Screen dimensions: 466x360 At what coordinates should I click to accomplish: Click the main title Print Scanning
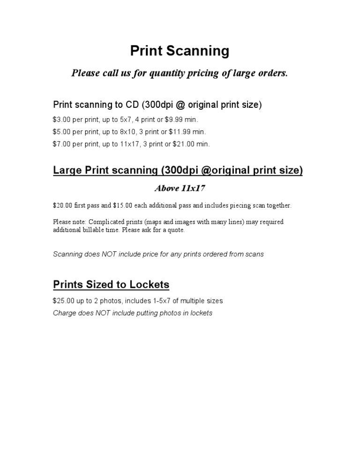pos(180,51)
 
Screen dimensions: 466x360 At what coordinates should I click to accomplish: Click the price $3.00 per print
pos(61,120)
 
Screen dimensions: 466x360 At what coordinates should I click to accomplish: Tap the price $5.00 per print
pos(61,132)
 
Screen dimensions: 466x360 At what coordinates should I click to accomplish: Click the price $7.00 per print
pos(61,144)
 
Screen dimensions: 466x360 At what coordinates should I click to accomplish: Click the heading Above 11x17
pos(180,188)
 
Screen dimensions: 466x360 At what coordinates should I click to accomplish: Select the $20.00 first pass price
pos(61,205)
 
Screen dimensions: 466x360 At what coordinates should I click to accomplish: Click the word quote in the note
pos(175,230)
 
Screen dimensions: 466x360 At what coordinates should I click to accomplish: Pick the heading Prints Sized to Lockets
pos(111,285)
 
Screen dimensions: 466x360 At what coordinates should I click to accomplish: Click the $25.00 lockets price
pos(62,301)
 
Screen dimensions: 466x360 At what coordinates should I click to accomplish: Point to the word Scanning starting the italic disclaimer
pos(68,254)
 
